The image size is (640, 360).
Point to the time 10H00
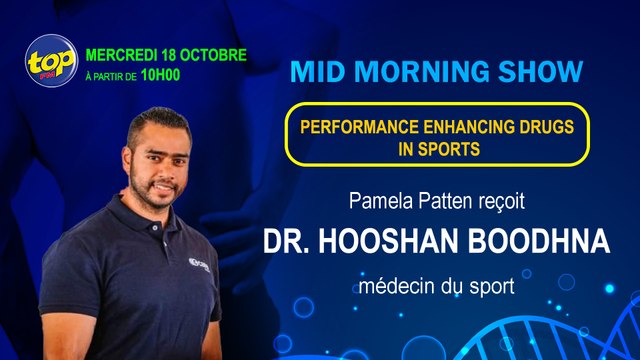coord(160,73)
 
